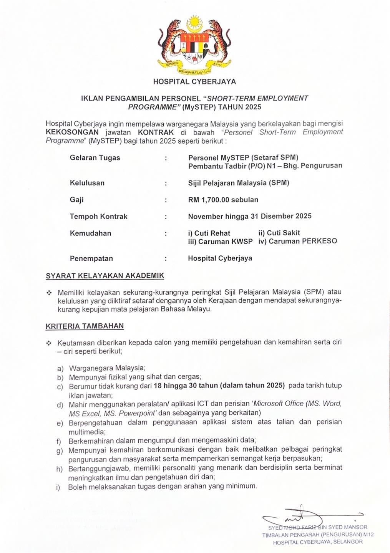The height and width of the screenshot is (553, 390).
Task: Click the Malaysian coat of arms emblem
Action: (x=194, y=45)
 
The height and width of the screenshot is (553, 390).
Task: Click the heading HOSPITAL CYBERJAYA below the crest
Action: (x=194, y=81)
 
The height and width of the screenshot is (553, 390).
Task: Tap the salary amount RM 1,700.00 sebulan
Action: (x=223, y=200)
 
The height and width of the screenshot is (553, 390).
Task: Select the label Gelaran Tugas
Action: (x=95, y=158)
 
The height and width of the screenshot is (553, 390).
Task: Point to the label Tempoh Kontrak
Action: (x=98, y=217)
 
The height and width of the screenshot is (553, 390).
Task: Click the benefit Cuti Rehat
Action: (x=209, y=233)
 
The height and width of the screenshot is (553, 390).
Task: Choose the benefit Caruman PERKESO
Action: (x=298, y=241)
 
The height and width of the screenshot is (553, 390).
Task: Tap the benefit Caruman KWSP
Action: (x=220, y=242)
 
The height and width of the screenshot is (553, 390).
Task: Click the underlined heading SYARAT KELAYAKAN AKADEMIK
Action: (x=105, y=276)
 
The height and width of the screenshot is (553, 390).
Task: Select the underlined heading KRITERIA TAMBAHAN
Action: (x=85, y=326)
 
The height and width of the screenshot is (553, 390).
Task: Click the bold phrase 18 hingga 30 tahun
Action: (x=186, y=386)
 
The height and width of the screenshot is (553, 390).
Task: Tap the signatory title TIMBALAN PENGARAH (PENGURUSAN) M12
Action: (x=318, y=535)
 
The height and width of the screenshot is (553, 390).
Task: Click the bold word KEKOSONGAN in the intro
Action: (x=72, y=132)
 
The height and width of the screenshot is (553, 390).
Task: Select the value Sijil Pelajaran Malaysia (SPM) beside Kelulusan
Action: (x=238, y=183)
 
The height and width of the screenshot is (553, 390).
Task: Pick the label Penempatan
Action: (x=91, y=258)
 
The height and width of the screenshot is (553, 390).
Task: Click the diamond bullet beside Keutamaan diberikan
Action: (x=49, y=343)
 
